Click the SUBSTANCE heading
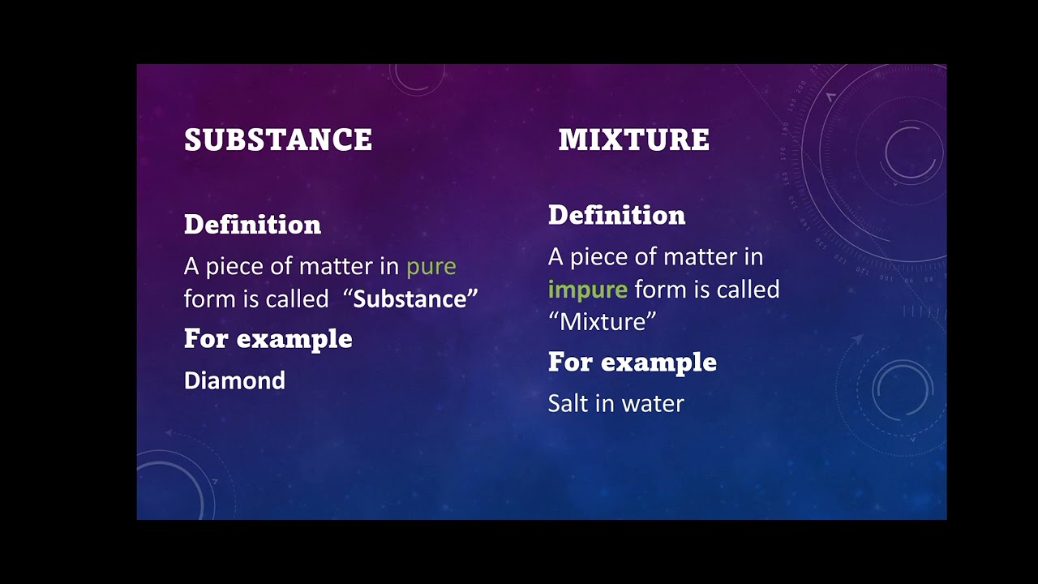(x=278, y=140)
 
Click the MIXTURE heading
(x=633, y=140)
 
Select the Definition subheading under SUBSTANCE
(x=252, y=225)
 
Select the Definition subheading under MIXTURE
(x=616, y=215)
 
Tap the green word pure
(x=431, y=266)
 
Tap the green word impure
(x=587, y=290)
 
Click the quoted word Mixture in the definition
(x=602, y=322)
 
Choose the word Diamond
(x=234, y=380)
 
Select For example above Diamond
(x=268, y=338)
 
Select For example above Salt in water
(x=632, y=362)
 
